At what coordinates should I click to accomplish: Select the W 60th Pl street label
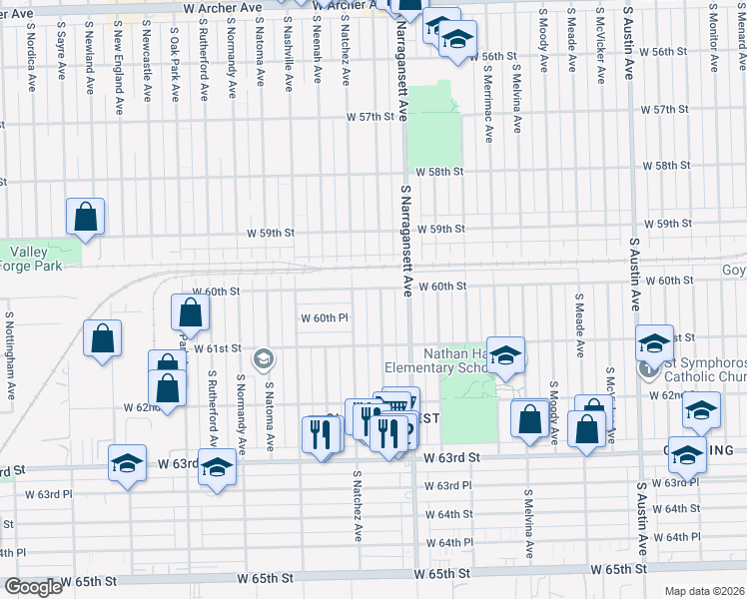(325, 318)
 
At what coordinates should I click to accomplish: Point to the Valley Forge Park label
(32, 259)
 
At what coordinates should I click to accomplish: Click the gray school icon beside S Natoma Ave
(264, 358)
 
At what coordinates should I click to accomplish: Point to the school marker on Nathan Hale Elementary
(505, 357)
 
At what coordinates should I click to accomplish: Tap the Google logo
(33, 587)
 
